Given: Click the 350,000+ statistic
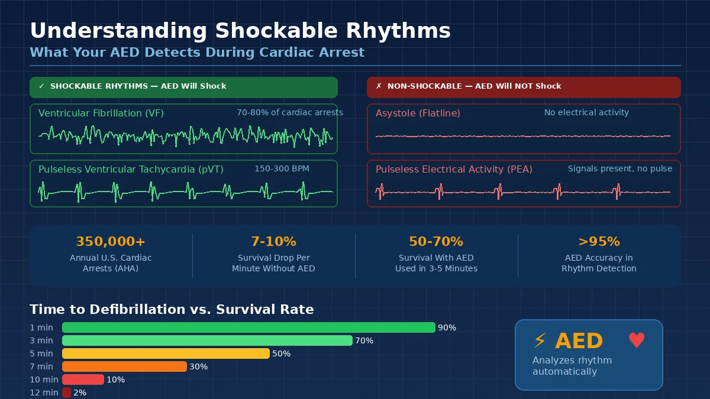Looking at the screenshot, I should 111,242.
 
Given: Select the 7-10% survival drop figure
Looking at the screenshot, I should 273,242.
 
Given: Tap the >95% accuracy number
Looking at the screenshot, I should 599,242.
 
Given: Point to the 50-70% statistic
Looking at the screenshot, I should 436,242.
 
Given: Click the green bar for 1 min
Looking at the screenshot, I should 248,327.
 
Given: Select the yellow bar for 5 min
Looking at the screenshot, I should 166,353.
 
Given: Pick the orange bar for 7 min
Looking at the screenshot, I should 124,366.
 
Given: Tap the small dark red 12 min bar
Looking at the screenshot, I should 66,392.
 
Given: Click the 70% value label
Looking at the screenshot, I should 364,340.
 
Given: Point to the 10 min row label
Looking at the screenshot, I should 44,379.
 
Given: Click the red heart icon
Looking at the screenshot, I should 637,340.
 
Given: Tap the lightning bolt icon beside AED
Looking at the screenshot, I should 540,340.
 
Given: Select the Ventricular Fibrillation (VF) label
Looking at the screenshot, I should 101,113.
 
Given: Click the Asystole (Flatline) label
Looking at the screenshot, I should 418,113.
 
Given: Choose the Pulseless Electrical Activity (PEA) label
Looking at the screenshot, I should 454,169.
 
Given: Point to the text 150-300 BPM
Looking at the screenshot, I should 282,168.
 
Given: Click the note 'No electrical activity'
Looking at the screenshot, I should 586,112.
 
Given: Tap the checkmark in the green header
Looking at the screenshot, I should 41,86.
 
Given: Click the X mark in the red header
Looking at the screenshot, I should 379,86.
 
